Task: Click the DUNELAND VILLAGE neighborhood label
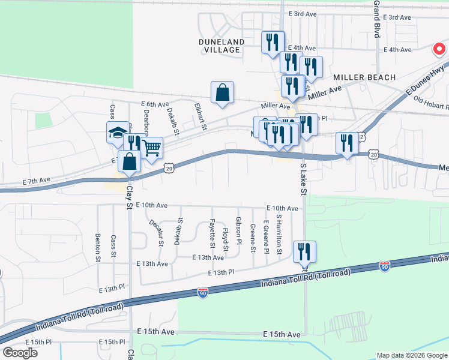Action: point(221,46)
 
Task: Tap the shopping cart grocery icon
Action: point(152,147)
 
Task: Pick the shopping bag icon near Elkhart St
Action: point(222,93)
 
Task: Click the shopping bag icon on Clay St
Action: point(130,161)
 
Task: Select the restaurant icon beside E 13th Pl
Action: point(304,252)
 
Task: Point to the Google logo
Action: point(19,353)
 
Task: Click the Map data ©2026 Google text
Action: point(412,355)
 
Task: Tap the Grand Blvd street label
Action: point(377,18)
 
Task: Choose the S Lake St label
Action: point(302,177)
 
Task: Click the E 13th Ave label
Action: point(208,257)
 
